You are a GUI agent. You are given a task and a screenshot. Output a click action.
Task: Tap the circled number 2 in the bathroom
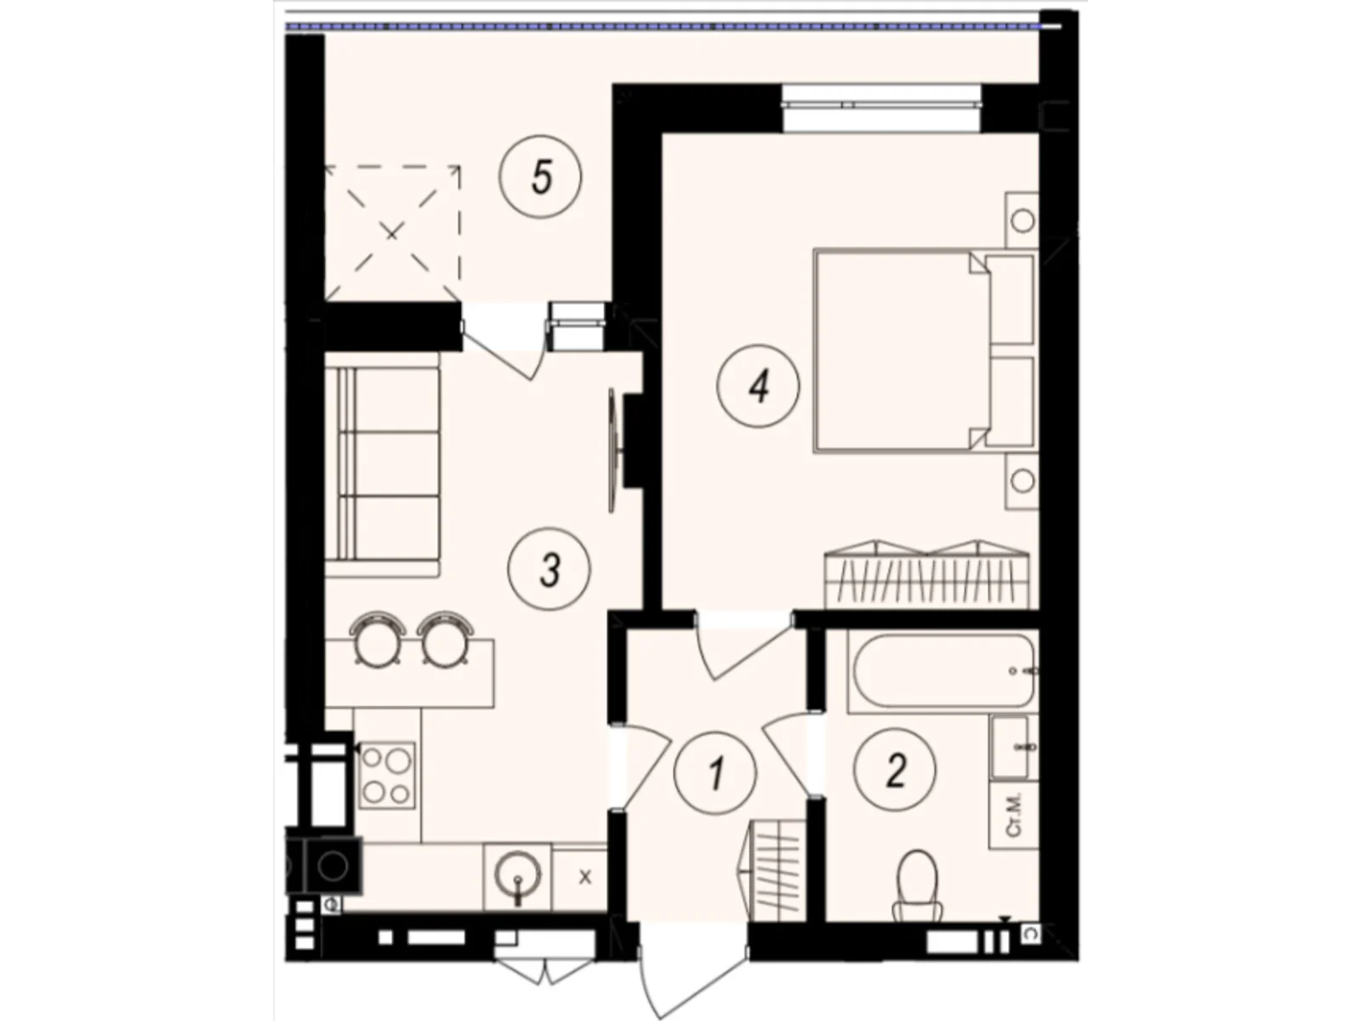coord(895,771)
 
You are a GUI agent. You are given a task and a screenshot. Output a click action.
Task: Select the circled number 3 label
coord(549,570)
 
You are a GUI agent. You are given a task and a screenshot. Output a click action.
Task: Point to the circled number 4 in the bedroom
coord(758,387)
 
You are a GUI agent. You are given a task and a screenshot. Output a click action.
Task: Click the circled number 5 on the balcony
coord(541,178)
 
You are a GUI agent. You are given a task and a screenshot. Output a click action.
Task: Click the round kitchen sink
coord(517,875)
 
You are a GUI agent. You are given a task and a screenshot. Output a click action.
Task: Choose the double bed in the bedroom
coord(902,350)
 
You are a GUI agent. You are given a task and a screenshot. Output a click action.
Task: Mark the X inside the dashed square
coord(391,232)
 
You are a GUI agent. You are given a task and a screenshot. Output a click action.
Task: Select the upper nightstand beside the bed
coord(1022,220)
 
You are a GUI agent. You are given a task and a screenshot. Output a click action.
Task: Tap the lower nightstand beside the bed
coord(1022,481)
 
